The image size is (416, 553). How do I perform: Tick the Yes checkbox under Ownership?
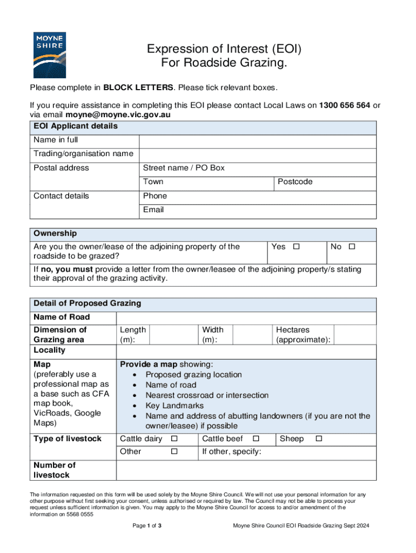pyautogui.click(x=296, y=247)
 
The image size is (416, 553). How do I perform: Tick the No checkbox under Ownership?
pyautogui.click(x=352, y=247)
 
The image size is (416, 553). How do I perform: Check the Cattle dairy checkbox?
pyautogui.click(x=174, y=439)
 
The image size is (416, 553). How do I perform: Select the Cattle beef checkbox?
pyautogui.click(x=256, y=439)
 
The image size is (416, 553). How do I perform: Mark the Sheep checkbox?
pyautogui.click(x=319, y=439)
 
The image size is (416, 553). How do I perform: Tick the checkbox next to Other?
pyautogui.click(x=174, y=451)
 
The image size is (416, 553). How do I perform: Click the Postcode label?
pyautogui.click(x=295, y=182)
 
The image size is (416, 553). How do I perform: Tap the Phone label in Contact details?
pyautogui.click(x=155, y=196)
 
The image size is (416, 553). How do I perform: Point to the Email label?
pyautogui.click(x=153, y=210)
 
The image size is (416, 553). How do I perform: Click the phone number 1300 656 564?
pyautogui.click(x=345, y=105)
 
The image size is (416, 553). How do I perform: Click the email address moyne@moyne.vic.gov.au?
pyautogui.click(x=118, y=115)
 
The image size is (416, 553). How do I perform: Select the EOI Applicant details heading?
pyautogui.click(x=76, y=126)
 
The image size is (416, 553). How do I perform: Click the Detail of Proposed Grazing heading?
pyautogui.click(x=87, y=304)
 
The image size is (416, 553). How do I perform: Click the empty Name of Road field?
pyautogui.click(x=246, y=317)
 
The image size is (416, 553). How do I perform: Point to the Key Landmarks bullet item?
pyautogui.click(x=175, y=406)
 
